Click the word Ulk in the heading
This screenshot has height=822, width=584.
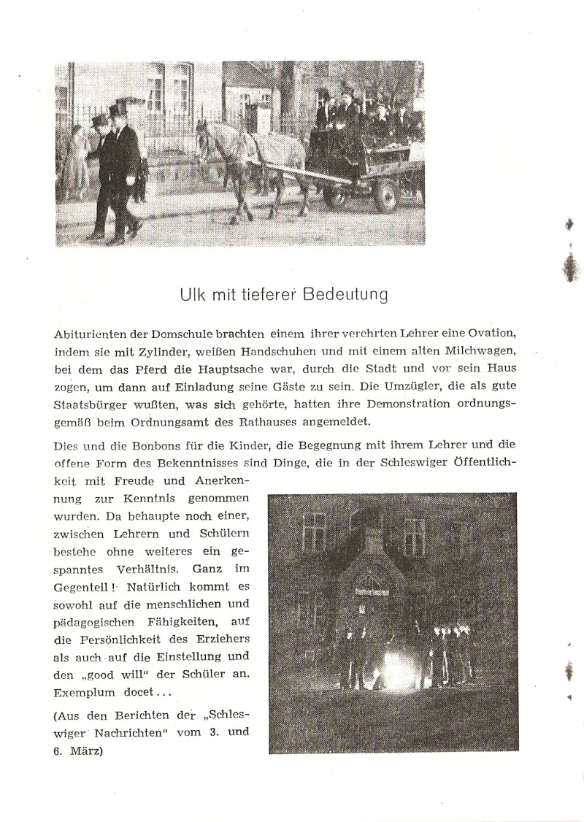point(191,296)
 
